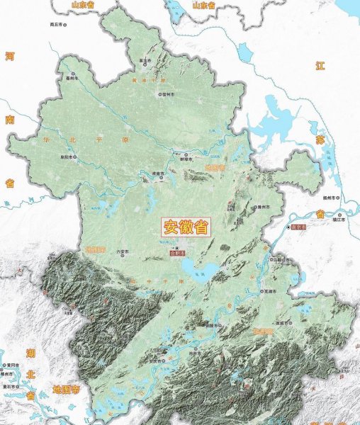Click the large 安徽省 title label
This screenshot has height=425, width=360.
click(186, 227)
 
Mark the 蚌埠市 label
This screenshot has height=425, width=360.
click(189, 159)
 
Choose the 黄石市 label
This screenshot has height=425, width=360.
click(10, 387)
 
